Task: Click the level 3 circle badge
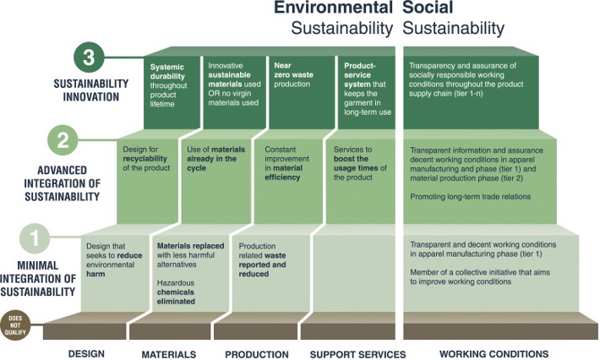[x=89, y=57]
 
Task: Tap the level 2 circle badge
[x=63, y=140]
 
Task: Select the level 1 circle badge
[x=35, y=238]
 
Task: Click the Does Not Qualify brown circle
[x=15, y=325]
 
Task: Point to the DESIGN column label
[x=86, y=354]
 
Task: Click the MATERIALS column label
[x=169, y=355]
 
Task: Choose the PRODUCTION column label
[x=257, y=355]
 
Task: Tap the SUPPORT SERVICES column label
[x=357, y=355]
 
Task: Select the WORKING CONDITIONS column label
[x=494, y=354]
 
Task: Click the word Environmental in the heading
[x=333, y=8]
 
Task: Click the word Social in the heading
[x=428, y=8]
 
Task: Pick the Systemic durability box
[x=172, y=93]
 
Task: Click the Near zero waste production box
[x=302, y=93]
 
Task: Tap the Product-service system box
[x=367, y=93]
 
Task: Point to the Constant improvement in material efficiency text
[x=287, y=163]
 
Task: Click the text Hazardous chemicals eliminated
[x=176, y=292]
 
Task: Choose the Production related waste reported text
[x=262, y=260]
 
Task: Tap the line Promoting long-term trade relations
[x=470, y=197]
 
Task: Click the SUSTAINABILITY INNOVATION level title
[x=91, y=90]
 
